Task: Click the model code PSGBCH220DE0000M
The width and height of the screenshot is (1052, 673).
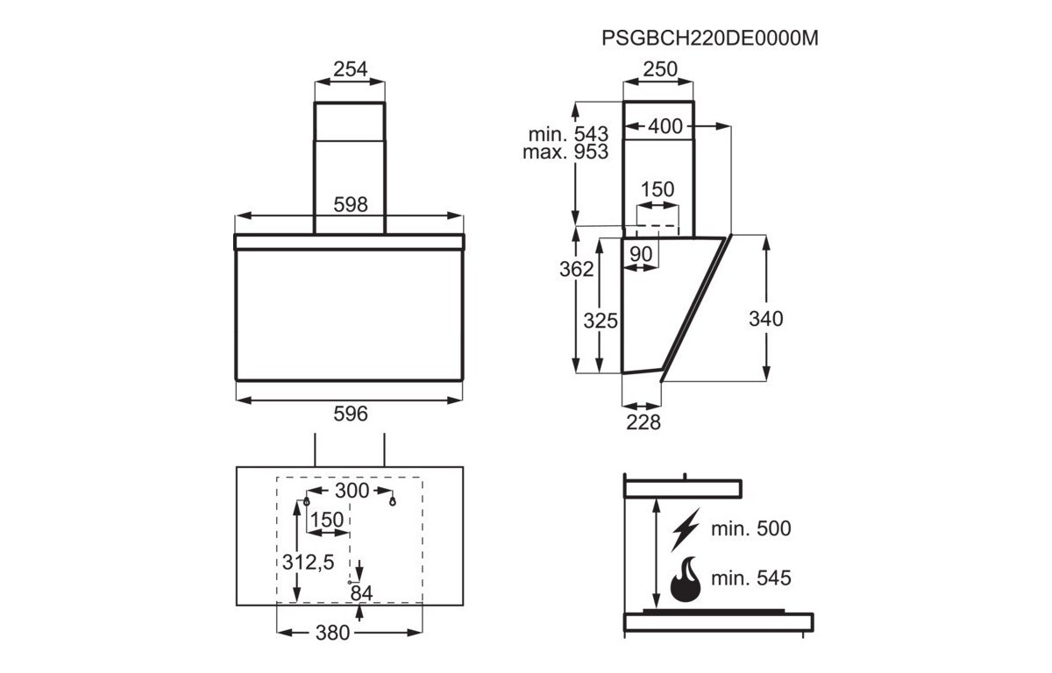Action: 709,38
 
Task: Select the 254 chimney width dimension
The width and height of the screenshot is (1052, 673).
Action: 350,69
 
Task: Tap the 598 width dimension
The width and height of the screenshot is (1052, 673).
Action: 351,205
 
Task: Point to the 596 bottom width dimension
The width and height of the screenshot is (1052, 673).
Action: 351,414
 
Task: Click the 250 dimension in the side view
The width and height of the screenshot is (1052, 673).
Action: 660,69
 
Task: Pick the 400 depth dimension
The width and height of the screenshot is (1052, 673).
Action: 665,126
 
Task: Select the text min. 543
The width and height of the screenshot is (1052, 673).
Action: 568,134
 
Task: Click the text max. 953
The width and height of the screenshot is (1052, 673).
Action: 565,152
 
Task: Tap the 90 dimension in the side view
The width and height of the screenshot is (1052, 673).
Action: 641,254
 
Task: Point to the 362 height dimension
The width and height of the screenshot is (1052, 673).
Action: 576,269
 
